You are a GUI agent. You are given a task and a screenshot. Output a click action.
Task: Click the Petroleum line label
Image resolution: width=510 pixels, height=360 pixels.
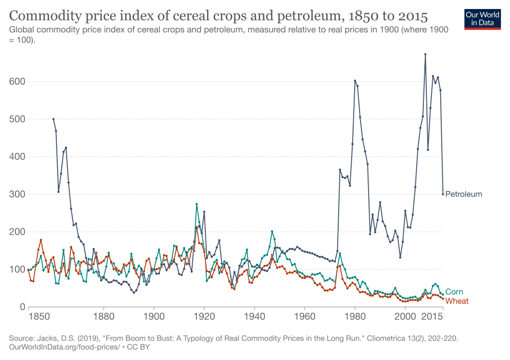(463, 194)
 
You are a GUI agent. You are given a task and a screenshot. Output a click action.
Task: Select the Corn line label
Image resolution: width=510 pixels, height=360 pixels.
(453, 292)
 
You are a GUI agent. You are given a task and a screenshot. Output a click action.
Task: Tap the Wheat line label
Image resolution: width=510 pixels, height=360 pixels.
(457, 301)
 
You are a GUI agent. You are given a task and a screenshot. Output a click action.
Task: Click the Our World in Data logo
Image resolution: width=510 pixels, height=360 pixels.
(483, 18)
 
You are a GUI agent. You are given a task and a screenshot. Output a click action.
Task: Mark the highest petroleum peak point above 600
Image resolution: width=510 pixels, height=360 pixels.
(425, 54)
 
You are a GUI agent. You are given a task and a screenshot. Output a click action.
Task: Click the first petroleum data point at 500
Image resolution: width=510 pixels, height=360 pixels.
(53, 119)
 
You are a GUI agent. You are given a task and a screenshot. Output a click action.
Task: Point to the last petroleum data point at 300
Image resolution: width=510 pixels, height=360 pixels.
(443, 194)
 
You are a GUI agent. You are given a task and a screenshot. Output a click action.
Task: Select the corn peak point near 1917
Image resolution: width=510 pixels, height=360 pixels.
(197, 204)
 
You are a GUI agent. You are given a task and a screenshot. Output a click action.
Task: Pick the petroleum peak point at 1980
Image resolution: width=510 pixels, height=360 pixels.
(355, 81)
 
